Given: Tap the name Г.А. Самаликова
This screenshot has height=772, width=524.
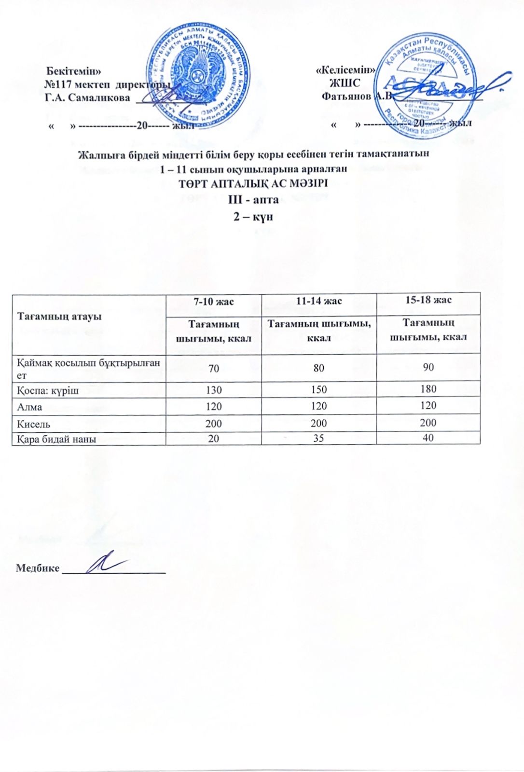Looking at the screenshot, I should coord(87,97).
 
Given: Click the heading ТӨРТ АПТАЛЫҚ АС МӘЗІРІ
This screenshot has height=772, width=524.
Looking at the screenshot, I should coord(253,184).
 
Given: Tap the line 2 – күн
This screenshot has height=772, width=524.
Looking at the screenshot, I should coord(254,217).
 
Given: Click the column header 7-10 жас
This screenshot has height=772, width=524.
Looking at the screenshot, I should coord(213,302).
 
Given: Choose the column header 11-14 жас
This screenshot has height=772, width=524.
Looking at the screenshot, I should coord(319,301).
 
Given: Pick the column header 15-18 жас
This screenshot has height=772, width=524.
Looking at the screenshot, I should coord(428,300).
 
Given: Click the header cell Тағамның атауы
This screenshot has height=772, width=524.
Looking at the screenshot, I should coord(59,317).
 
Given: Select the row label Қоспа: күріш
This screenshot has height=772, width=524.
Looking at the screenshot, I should coord(48,390).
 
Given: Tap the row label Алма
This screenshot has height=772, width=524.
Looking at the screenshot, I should coord(29,407).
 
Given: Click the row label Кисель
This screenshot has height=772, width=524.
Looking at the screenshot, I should coord(34,424).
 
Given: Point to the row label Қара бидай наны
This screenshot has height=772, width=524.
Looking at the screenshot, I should coord(56,439).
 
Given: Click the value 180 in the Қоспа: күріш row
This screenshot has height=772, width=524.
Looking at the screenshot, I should coord(428,389).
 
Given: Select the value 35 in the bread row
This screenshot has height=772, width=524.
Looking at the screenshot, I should coord(319,439).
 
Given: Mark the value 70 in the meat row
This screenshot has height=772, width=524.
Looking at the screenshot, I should coord(213,369).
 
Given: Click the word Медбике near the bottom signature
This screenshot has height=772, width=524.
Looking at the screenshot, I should coord(38,567).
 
